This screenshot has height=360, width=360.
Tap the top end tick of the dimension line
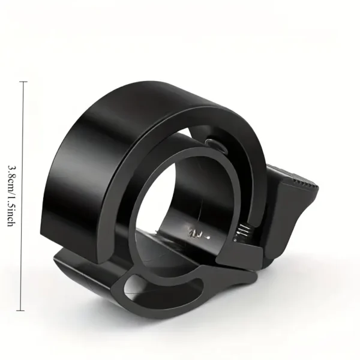coord(24,82)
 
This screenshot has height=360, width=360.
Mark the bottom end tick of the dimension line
coord(24,310)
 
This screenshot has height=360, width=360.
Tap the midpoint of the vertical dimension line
coord(24,196)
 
